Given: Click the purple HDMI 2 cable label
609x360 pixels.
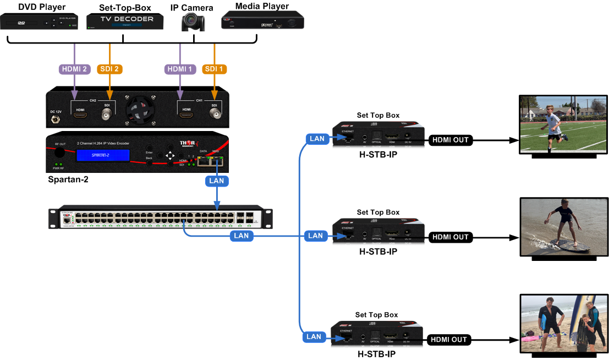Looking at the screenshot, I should (x=74, y=69).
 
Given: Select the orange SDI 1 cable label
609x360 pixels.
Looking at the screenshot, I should (x=215, y=69).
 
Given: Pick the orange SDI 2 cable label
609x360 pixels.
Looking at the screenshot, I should (x=109, y=69).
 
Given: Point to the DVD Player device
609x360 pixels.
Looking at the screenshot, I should (x=40, y=22).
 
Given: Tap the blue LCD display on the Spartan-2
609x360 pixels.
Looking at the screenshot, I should (x=103, y=156).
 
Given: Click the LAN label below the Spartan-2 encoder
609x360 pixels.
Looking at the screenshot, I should (x=217, y=180).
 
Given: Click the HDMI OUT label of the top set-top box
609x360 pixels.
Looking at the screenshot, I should (x=450, y=140).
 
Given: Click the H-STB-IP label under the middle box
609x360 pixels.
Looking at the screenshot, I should (x=378, y=252).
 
